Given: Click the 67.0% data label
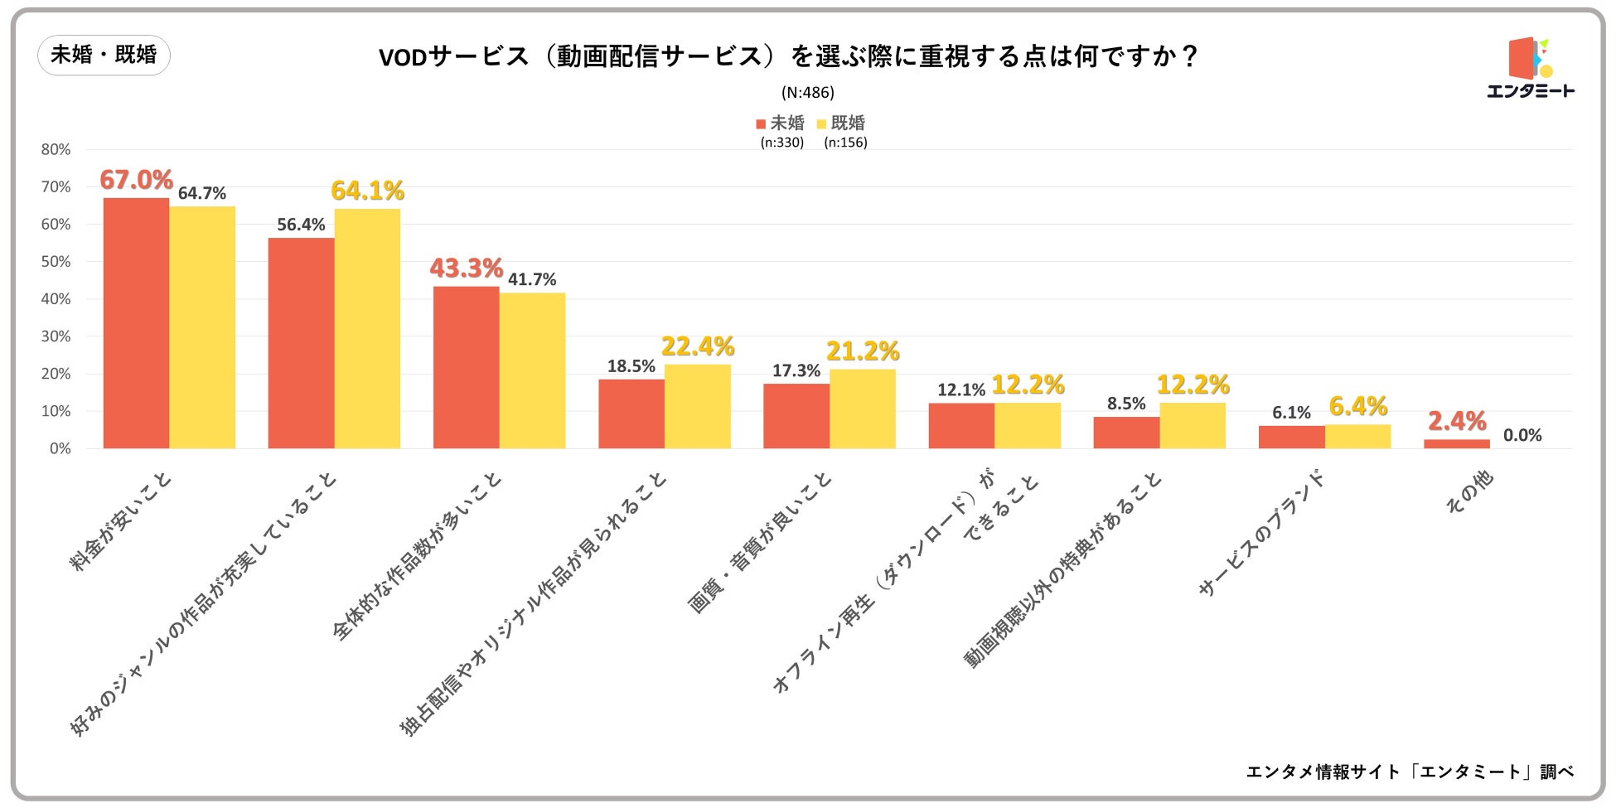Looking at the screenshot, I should [136, 180].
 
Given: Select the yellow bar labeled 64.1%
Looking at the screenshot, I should [367, 328].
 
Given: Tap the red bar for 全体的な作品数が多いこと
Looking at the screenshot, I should [466, 367].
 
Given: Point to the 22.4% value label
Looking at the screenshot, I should [698, 346].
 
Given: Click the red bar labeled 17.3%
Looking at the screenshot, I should [796, 416].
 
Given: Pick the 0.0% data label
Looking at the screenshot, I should [1522, 435].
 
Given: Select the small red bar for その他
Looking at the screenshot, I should [1457, 444].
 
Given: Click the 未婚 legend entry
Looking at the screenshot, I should [780, 123].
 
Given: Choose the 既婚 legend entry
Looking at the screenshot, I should [841, 123].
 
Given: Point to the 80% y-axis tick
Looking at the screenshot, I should [56, 150].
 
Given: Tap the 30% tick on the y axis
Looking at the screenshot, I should [56, 336].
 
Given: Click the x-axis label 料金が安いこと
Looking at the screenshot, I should [121, 523].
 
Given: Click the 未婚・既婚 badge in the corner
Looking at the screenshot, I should [104, 56].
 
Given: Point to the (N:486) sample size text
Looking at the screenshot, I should [807, 93].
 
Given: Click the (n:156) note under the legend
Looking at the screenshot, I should [845, 143].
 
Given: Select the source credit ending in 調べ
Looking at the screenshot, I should [1410, 772].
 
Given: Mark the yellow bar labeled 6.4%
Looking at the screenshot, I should [1357, 437].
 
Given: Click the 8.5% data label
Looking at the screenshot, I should [1126, 404].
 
